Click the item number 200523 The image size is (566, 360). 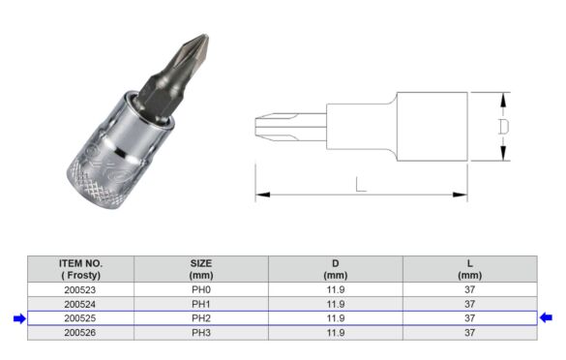(80, 288)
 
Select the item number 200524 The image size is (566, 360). (80, 303)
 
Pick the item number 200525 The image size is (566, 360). (80, 317)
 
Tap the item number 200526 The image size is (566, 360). (80, 332)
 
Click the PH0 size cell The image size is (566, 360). (201, 288)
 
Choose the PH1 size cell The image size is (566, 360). (201, 303)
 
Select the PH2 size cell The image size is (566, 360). (201, 317)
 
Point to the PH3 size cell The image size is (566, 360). (201, 332)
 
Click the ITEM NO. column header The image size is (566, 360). (80, 268)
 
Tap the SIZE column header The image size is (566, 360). (201, 268)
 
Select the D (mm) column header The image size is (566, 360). (336, 268)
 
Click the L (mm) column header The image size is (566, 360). (469, 268)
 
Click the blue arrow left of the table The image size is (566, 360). (18, 317)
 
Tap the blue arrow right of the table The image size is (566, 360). (547, 317)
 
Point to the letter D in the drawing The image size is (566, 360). (502, 127)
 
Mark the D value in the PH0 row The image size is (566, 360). (336, 288)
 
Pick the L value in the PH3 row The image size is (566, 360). (469, 332)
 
